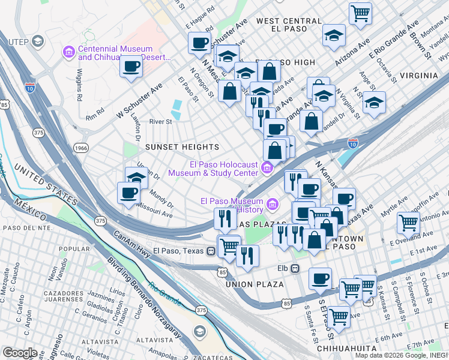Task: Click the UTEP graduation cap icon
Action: pyautogui.click(x=38, y=41)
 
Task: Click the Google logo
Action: pyautogui.click(x=20, y=352)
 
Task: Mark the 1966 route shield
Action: pyautogui.click(x=81, y=147)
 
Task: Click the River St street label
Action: pyautogui.click(x=160, y=121)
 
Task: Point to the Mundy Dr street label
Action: pyautogui.click(x=161, y=199)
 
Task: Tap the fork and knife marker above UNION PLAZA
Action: pyautogui.click(x=247, y=256)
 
